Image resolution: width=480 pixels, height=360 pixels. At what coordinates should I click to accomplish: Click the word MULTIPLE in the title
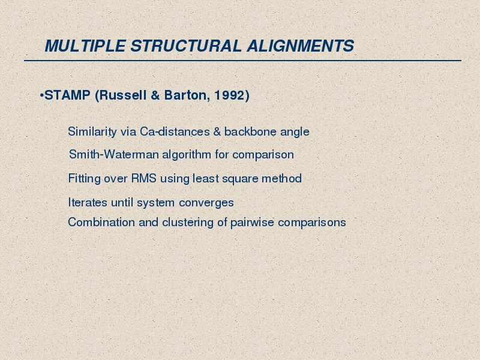(x=85, y=46)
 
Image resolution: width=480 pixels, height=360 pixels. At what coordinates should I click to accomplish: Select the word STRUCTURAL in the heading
(x=186, y=46)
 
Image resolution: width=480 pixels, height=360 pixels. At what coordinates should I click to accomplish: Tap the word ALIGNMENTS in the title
(x=301, y=46)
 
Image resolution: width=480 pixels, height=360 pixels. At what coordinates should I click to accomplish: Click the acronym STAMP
(x=67, y=95)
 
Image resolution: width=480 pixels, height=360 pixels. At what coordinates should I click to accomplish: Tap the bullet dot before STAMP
(x=41, y=95)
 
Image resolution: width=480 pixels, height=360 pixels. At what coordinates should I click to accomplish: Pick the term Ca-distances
(x=175, y=131)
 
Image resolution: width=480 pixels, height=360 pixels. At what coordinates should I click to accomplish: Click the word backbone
(x=250, y=131)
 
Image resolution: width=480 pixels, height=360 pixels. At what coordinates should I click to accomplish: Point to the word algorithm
(x=187, y=155)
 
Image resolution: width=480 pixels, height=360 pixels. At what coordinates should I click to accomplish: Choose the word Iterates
(x=88, y=202)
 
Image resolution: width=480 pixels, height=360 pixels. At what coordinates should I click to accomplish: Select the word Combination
(x=101, y=222)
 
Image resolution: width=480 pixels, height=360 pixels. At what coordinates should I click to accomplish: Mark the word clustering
(x=188, y=223)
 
